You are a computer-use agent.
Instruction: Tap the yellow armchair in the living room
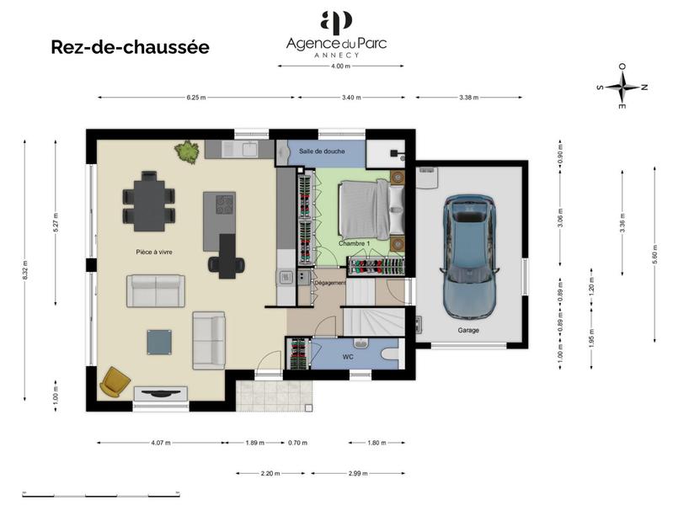pos(115,381)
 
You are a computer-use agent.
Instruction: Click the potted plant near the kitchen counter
pos(186,152)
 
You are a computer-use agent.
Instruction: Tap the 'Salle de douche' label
pos(323,151)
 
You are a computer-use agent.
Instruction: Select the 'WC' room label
pos(347,357)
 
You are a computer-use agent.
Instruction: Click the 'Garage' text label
pos(468,330)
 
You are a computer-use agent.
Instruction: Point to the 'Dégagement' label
pos(329,283)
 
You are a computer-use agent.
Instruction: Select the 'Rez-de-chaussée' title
pos(130,47)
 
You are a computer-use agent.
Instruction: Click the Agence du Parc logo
pos(336,34)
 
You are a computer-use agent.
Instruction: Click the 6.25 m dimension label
pos(196,98)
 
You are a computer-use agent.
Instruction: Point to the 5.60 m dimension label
pos(654,258)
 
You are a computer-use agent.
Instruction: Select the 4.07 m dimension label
pos(160,443)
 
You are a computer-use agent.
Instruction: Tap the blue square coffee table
pos(159,341)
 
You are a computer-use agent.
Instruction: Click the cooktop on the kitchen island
pos(225,204)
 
